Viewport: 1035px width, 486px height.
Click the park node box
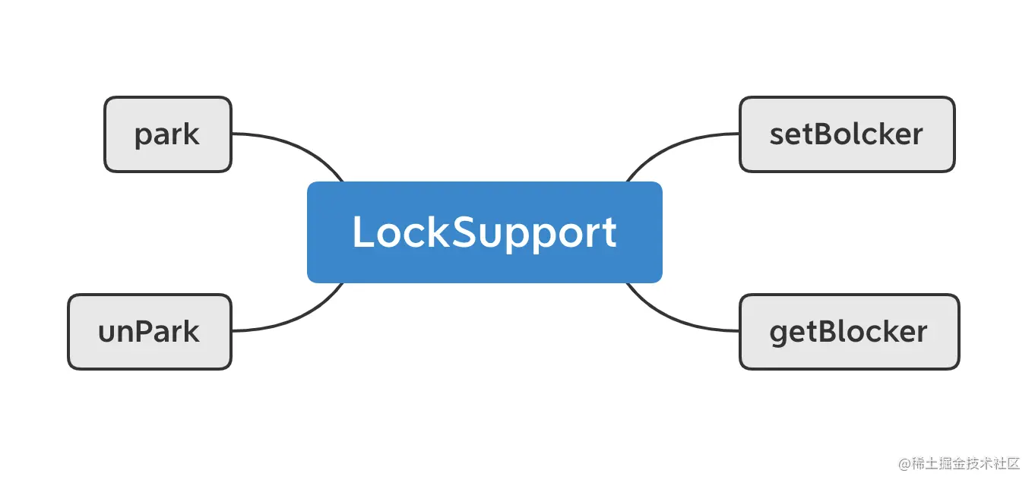click(x=167, y=134)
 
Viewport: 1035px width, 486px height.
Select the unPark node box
click(x=149, y=332)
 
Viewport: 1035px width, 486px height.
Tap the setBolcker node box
click(x=847, y=134)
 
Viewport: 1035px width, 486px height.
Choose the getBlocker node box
click(x=849, y=332)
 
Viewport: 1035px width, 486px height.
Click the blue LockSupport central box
click(x=484, y=232)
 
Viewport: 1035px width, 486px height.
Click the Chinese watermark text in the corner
click(x=965, y=463)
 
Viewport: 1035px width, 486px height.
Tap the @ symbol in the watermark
click(x=904, y=464)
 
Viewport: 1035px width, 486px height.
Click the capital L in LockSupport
click(x=363, y=232)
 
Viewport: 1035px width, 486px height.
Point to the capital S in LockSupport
click(x=466, y=232)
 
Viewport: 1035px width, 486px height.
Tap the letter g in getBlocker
click(x=779, y=334)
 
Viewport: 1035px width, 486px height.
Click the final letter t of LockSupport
click(x=609, y=233)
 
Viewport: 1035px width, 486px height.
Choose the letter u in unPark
click(x=106, y=333)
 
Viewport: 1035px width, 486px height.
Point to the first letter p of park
click(x=142, y=137)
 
